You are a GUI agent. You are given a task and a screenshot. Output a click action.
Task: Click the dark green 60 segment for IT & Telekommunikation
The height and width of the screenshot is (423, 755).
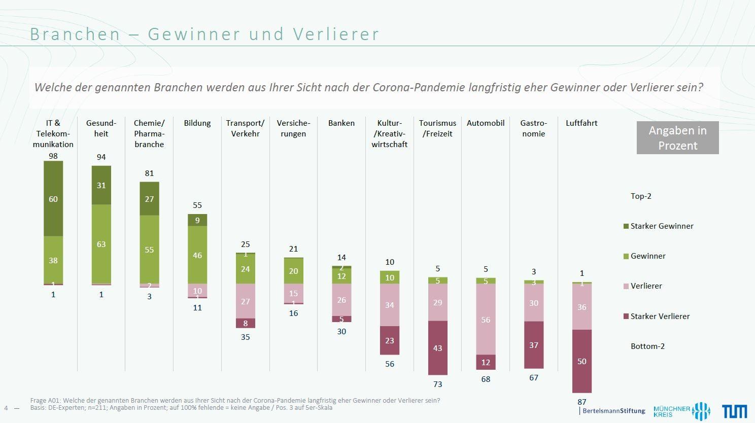[x=53, y=199]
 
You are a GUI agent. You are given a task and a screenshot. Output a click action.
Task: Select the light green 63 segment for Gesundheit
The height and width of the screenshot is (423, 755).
[x=101, y=244]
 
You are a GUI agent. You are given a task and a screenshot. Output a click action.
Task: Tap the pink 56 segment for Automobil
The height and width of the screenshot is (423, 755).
[x=486, y=319]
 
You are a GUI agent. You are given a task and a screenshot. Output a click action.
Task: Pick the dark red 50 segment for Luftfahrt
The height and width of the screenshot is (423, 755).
[x=581, y=361]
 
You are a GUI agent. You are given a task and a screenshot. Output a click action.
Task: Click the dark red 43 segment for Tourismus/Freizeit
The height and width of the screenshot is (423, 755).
[x=437, y=348]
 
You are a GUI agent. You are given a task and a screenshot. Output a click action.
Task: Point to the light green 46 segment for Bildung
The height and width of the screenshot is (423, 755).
[x=197, y=255]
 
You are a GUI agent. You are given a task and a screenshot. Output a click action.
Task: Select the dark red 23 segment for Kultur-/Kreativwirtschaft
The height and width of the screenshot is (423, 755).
[x=390, y=340]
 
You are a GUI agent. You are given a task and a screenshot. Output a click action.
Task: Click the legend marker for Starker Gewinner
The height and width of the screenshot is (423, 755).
[x=626, y=226]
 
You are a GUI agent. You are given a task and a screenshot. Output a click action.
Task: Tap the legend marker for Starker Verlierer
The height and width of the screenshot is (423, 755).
[x=626, y=316]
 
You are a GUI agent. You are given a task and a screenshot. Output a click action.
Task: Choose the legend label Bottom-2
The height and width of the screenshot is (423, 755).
[x=647, y=346]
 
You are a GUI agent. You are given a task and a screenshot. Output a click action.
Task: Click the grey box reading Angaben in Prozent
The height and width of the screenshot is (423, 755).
[x=677, y=138]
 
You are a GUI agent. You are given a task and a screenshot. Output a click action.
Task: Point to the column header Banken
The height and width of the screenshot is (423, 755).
[x=341, y=123]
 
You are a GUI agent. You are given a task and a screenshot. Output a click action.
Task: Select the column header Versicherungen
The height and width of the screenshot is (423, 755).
[x=293, y=128]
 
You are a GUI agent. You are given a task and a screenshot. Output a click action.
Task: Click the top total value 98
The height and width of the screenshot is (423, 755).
[x=53, y=156]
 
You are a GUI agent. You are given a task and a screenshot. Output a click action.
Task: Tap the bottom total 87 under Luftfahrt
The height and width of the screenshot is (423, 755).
[x=581, y=402]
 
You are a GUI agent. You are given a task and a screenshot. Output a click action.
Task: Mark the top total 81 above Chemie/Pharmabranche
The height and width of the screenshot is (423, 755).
[x=149, y=173]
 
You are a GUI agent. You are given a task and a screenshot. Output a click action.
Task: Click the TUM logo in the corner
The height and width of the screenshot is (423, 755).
[x=734, y=411]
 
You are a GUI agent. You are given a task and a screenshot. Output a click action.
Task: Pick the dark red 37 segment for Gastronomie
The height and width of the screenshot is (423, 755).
[x=534, y=345]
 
